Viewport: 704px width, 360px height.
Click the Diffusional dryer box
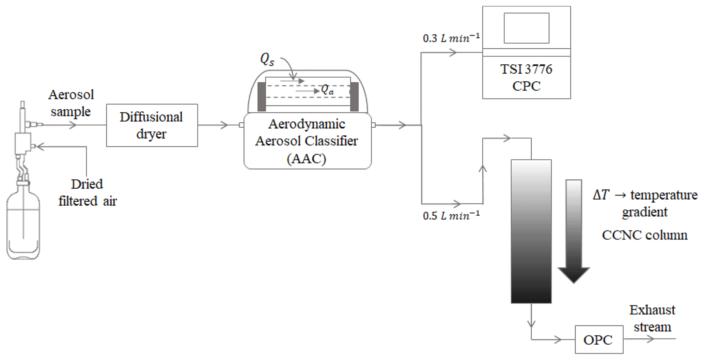click(x=152, y=125)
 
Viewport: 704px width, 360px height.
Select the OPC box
click(x=599, y=340)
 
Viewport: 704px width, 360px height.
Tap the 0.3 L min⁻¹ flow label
click(x=451, y=38)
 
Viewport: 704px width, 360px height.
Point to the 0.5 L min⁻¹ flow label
click(x=451, y=216)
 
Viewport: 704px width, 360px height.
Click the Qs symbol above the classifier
click(x=267, y=59)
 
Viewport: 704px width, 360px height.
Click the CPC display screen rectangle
click(x=526, y=28)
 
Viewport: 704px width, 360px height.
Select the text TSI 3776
click(x=526, y=69)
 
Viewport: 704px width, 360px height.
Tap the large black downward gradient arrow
click(x=574, y=232)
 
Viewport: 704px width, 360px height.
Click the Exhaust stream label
click(x=652, y=318)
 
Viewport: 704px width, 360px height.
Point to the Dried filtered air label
click(x=88, y=192)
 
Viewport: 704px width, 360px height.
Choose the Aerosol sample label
click(x=71, y=103)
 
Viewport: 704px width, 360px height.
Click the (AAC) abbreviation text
click(x=307, y=158)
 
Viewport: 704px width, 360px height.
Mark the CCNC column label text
click(x=644, y=235)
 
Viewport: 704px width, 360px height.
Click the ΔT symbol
click(x=600, y=195)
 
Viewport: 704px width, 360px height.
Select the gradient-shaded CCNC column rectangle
click(x=531, y=232)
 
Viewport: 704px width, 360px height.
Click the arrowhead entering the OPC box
click(x=558, y=339)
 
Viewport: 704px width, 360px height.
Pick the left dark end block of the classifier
click(x=262, y=97)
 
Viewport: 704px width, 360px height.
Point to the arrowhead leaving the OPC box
click(x=650, y=339)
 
